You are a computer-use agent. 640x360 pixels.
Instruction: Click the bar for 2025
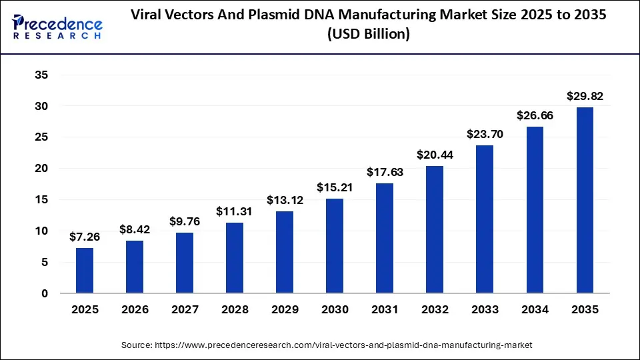click(85, 271)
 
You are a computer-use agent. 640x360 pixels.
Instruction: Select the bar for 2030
click(335, 246)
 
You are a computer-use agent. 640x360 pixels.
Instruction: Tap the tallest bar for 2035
click(585, 200)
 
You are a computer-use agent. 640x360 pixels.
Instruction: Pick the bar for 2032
click(435, 229)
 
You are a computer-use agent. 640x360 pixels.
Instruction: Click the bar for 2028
click(235, 258)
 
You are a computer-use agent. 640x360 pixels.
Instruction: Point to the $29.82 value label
click(585, 97)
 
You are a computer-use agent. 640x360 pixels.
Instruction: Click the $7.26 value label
click(85, 237)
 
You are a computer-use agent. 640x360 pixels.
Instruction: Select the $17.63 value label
click(385, 173)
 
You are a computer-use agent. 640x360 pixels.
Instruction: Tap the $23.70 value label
click(485, 135)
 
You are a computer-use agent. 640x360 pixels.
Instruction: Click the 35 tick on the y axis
click(41, 75)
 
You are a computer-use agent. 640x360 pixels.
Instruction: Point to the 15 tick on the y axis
click(41, 200)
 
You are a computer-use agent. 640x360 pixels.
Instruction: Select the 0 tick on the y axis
click(44, 293)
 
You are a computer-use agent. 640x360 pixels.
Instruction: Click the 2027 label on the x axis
click(185, 310)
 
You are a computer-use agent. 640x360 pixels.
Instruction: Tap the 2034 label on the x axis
click(535, 310)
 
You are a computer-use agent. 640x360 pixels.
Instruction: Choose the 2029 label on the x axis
click(285, 310)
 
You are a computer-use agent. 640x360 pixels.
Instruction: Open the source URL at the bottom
click(327, 345)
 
